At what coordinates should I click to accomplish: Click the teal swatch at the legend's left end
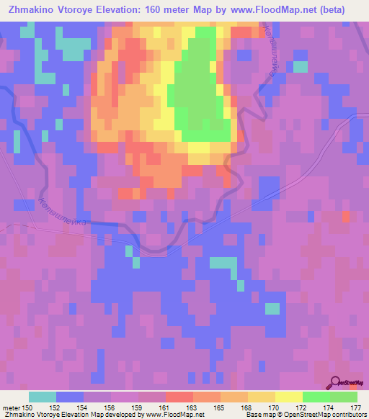(43, 397)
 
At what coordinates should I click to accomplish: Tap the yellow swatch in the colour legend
(288, 397)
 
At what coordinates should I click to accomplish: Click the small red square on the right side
(347, 217)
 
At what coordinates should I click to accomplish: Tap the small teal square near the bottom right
(272, 309)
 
